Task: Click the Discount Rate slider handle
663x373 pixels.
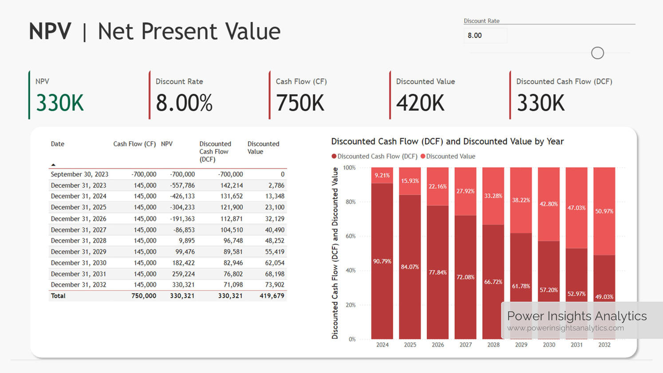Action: (597, 53)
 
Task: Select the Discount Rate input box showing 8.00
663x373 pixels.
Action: (485, 36)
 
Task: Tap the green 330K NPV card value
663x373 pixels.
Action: (59, 103)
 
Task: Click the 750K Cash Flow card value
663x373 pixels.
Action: (300, 103)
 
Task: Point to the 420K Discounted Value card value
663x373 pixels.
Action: (420, 103)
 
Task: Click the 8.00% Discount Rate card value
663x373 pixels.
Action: (184, 103)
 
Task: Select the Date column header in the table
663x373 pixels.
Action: (58, 144)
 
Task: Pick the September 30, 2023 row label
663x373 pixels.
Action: (79, 174)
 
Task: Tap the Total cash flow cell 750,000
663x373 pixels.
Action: (143, 296)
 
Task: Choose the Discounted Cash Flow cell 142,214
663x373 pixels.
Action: (231, 185)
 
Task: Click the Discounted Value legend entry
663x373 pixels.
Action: (450, 156)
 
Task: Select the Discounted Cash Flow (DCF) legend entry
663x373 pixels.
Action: (377, 156)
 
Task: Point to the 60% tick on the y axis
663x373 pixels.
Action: (351, 236)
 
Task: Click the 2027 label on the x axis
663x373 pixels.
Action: (466, 345)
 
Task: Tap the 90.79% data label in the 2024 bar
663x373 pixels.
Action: (382, 261)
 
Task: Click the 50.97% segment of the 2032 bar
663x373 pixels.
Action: (604, 211)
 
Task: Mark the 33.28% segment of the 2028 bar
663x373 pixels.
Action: (493, 196)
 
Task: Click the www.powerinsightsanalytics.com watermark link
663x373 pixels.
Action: (565, 328)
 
